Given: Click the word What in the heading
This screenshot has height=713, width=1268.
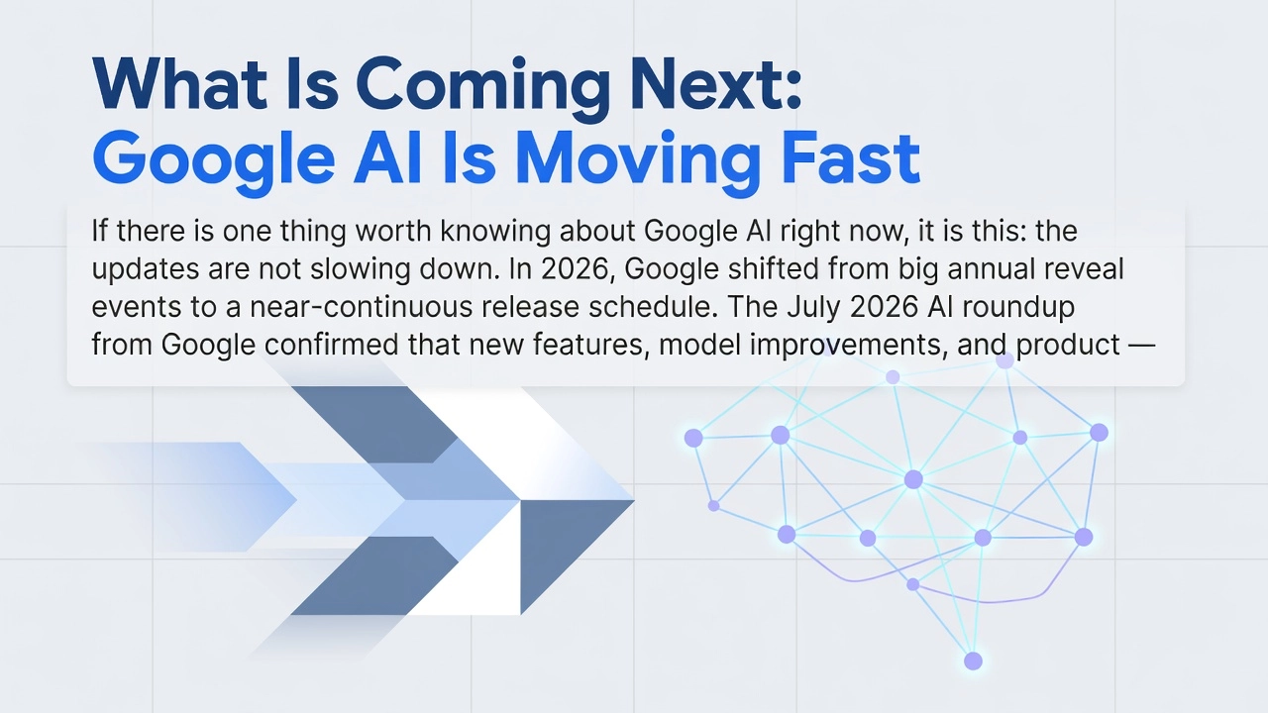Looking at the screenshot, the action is tap(179, 84).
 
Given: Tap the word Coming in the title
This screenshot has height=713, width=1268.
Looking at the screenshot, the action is tap(482, 90).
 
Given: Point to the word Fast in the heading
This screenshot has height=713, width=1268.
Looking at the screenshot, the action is tap(850, 157).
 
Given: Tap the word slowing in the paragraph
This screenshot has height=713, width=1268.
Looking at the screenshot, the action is tap(360, 270).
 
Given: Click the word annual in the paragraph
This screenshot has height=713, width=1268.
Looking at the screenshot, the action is tap(992, 268).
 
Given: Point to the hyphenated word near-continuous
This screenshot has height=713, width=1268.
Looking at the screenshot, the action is tap(359, 307).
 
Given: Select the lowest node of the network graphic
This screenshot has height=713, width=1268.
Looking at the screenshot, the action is tap(973, 661).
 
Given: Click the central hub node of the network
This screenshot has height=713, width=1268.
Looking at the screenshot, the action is tap(913, 480).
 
